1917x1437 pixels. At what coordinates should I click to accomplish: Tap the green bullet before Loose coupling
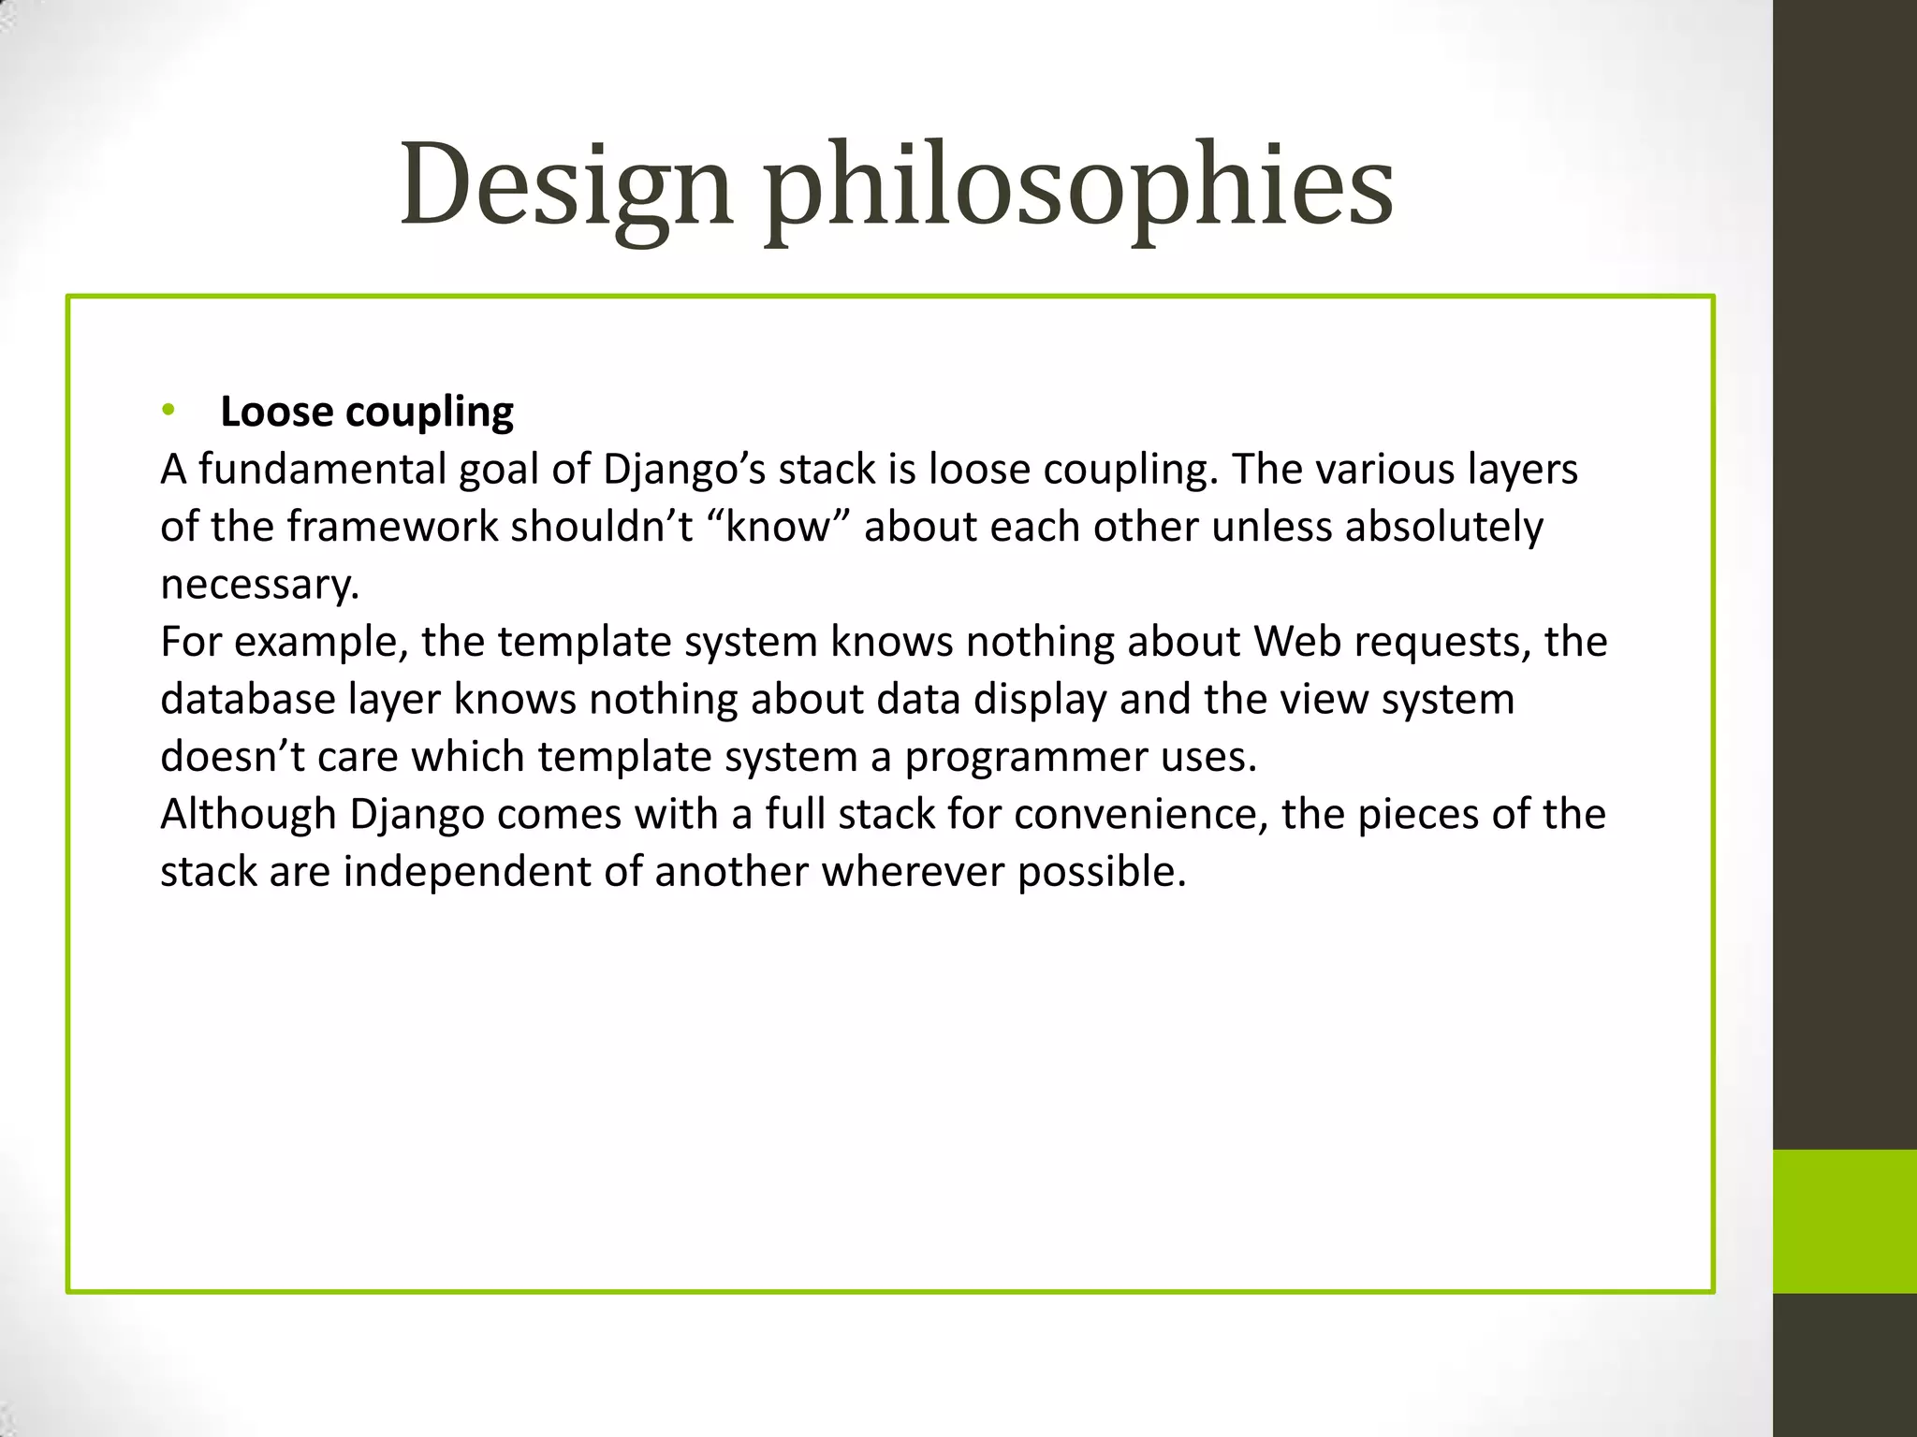click(x=168, y=409)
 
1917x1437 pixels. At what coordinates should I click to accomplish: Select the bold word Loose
click(x=276, y=412)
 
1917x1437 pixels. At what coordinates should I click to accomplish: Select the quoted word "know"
click(x=777, y=527)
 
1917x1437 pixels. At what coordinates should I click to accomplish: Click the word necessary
click(x=259, y=586)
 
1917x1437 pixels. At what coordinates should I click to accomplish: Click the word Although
click(x=248, y=814)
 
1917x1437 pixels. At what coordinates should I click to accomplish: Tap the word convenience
click(x=1139, y=814)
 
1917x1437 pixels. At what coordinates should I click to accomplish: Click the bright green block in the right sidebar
click(x=1844, y=1221)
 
